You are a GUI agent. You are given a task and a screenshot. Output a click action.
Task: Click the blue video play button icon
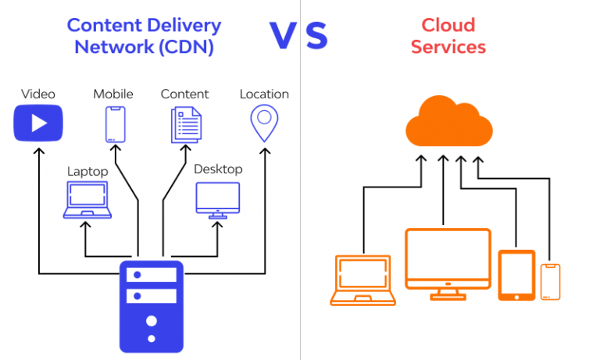37,123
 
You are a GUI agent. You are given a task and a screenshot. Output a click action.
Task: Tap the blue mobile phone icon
115,124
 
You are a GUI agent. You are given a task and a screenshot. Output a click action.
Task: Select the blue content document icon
186,125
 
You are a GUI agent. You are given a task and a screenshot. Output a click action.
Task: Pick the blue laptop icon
87,199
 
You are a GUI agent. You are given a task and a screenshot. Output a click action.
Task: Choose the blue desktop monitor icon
218,200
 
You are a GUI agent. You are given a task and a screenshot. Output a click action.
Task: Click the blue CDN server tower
150,306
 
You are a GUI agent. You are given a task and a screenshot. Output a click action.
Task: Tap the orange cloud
449,124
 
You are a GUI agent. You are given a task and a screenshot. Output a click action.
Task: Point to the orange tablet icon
516,275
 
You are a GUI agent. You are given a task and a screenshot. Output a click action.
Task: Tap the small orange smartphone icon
550,281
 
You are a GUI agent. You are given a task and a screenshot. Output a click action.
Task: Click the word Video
37,94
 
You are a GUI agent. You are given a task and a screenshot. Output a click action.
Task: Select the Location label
264,94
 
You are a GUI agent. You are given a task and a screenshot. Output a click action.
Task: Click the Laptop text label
87,171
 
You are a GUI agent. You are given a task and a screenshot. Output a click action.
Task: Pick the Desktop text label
218,169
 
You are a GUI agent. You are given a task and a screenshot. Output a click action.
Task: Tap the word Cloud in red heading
448,25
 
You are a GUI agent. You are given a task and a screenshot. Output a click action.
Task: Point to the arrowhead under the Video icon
37,149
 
